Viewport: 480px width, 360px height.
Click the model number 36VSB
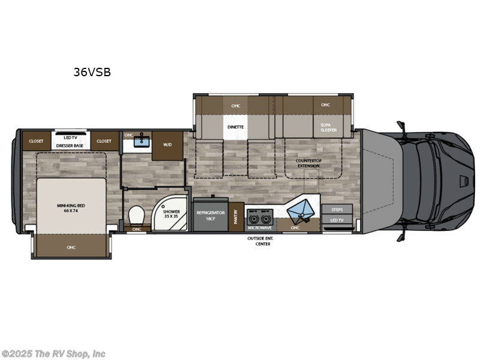(92, 73)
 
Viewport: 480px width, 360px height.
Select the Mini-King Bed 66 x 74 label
(71, 208)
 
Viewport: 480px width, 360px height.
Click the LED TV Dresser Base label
(70, 142)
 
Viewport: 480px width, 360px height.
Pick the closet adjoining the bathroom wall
(104, 141)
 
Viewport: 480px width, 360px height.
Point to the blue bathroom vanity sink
(143, 141)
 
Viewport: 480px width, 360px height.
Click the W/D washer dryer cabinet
(167, 145)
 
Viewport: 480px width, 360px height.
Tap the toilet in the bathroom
(136, 214)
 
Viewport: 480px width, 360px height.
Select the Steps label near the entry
(336, 209)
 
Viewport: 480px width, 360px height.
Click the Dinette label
(235, 127)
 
